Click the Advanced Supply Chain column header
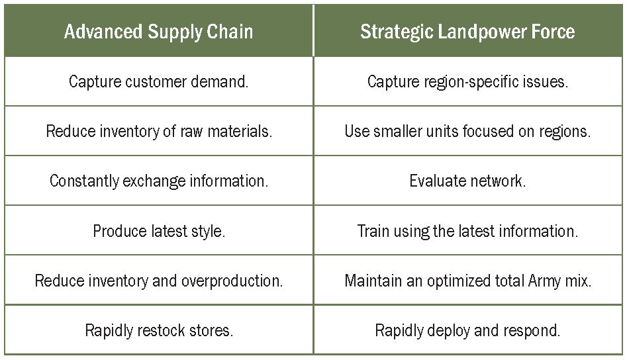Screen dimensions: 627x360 (x=159, y=31)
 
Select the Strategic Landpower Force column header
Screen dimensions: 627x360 (x=468, y=31)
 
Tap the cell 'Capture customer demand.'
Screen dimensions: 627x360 (x=159, y=81)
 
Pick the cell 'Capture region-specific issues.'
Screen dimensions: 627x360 (x=468, y=81)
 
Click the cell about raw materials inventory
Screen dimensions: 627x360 (x=159, y=131)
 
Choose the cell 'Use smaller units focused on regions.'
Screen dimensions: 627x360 (x=468, y=131)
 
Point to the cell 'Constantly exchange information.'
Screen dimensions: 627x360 (x=159, y=181)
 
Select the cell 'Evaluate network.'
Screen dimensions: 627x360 (x=468, y=181)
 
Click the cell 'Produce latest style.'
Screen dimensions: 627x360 (x=159, y=230)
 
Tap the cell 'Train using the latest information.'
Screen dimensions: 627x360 (x=468, y=230)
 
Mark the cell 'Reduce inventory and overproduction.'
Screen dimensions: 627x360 (x=159, y=281)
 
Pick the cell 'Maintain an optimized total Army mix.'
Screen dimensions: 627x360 (x=468, y=281)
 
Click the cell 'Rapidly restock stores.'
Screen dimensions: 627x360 (x=159, y=330)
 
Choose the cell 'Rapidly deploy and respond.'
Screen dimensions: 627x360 (x=468, y=330)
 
